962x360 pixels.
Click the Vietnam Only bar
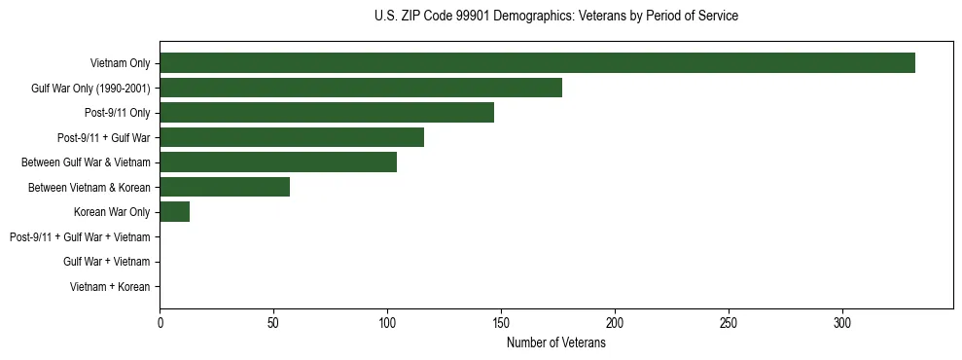(537, 63)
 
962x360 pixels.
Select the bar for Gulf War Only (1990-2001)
(361, 88)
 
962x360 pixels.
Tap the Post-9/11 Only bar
(327, 113)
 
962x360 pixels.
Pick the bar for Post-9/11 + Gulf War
(292, 137)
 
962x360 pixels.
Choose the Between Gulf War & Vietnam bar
(278, 162)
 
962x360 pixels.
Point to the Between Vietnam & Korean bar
(225, 187)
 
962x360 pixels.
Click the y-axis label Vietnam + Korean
(110, 287)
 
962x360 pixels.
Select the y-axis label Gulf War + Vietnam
(106, 262)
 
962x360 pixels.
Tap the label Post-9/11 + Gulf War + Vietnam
(80, 237)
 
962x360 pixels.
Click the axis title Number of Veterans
(556, 343)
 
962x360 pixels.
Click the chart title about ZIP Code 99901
(556, 17)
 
